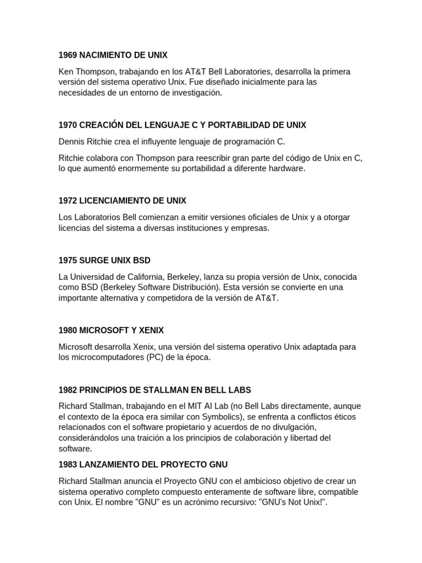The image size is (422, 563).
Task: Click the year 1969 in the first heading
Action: (x=68, y=55)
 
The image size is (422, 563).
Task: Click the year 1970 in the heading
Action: (x=68, y=125)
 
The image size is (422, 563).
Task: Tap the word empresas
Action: (x=249, y=228)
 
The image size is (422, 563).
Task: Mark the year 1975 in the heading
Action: (x=68, y=260)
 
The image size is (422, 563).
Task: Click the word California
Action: (x=164, y=277)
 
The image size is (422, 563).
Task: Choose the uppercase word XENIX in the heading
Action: (x=150, y=330)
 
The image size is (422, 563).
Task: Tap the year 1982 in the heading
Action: (x=68, y=390)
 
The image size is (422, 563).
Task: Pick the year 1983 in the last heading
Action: (x=68, y=465)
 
